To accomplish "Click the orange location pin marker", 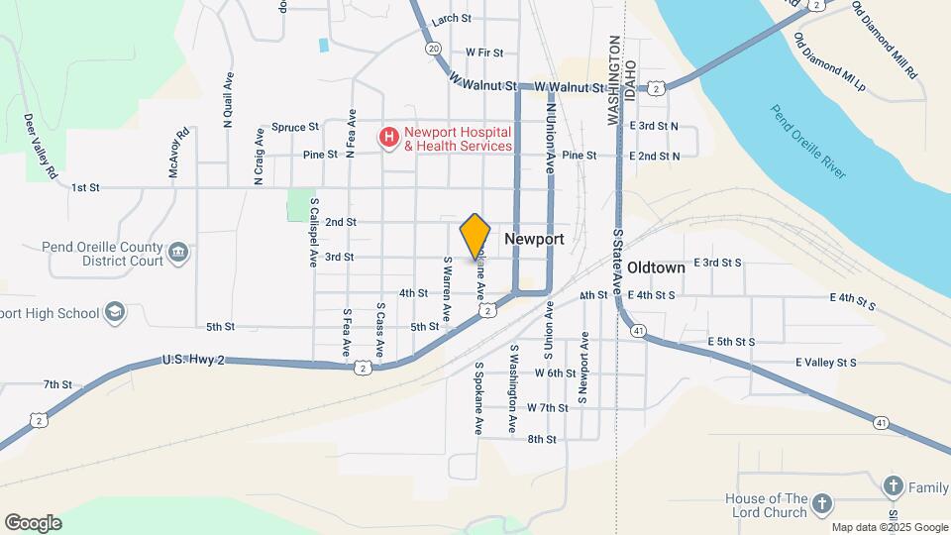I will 475,235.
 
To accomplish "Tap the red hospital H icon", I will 390,137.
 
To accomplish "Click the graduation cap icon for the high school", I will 116,313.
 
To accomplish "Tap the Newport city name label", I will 534,240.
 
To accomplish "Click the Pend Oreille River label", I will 808,141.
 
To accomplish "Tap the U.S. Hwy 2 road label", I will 194,362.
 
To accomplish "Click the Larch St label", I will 451,18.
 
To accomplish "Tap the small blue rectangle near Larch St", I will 324,45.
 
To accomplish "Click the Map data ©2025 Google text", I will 890,527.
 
